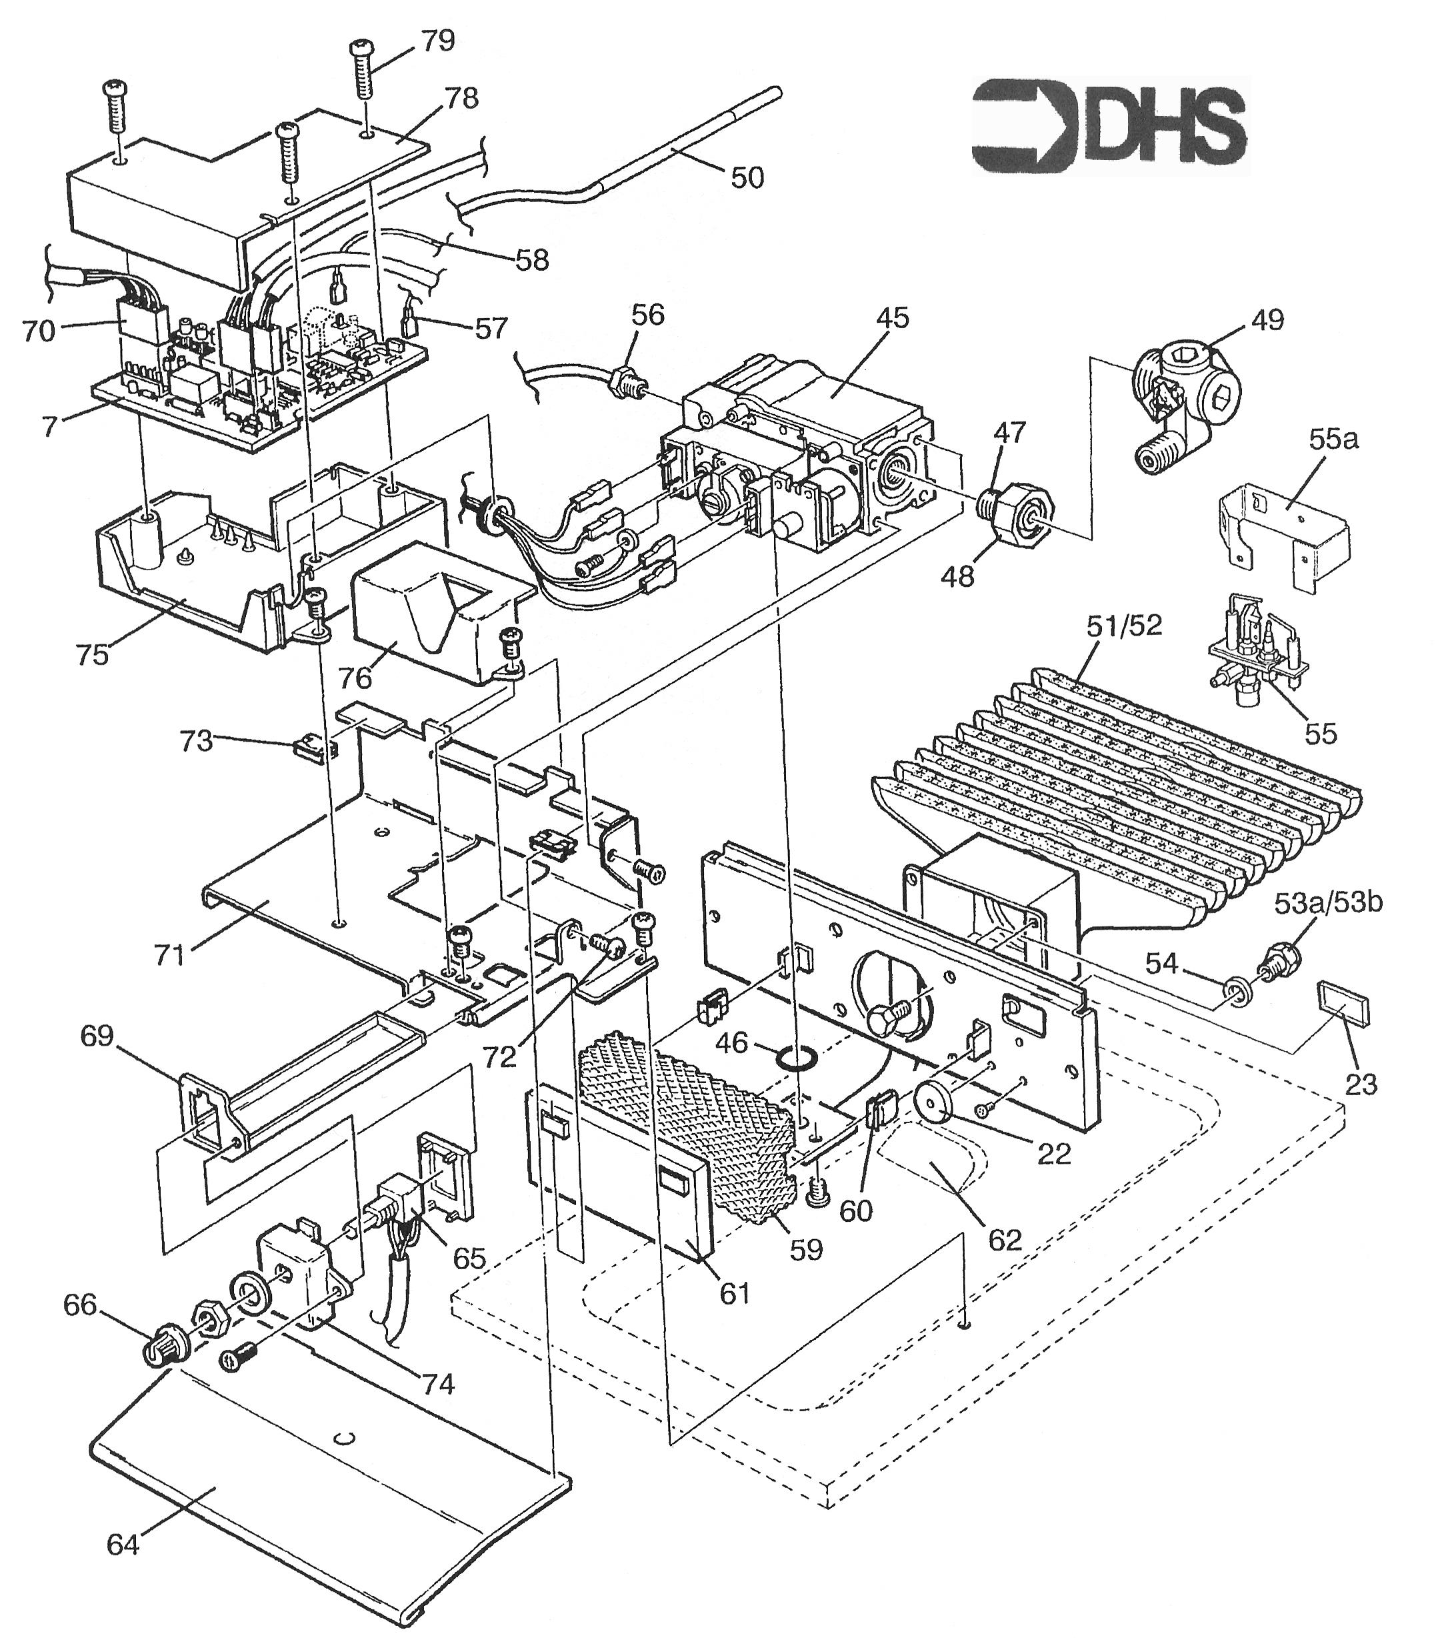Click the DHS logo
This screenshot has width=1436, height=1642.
[x=1109, y=126]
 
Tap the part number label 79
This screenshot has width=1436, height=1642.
[x=437, y=41]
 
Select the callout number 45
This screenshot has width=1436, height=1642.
[x=892, y=318]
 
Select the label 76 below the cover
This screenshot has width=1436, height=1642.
[x=355, y=678]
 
